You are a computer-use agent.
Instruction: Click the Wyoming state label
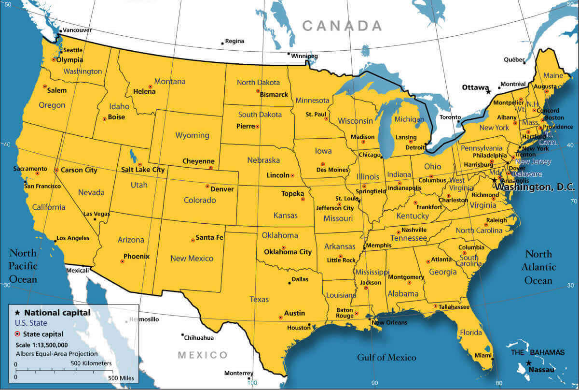tap(192, 135)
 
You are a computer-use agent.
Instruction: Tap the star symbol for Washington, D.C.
tap(494, 180)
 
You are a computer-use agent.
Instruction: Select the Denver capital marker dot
tap(207, 186)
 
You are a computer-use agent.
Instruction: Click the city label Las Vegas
tap(96, 214)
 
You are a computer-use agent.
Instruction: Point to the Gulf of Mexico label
tap(386, 358)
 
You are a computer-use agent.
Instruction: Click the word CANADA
tap(342, 26)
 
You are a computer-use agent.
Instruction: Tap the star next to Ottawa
tap(488, 91)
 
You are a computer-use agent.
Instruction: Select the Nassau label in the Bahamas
tap(541, 369)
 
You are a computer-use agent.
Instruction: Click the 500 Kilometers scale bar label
tap(91, 363)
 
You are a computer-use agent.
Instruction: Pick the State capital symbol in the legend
tap(18, 334)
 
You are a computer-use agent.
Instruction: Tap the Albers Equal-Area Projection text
tap(56, 354)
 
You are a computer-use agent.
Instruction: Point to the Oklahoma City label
tap(288, 252)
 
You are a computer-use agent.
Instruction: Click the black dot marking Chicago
tap(381, 157)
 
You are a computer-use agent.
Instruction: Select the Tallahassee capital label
tap(454, 307)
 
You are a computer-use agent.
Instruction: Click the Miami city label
tap(482, 355)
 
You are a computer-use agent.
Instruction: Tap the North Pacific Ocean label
tap(23, 266)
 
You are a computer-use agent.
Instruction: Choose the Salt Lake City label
tap(143, 170)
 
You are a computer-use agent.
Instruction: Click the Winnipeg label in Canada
tap(305, 57)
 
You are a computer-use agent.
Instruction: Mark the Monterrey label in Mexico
tap(238, 373)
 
